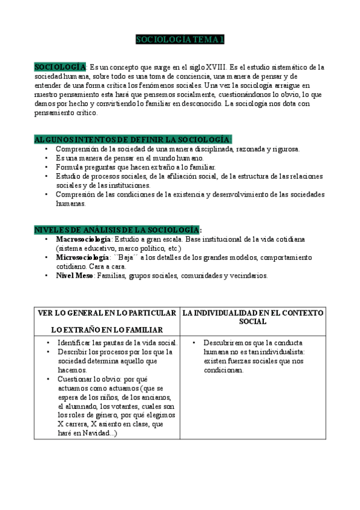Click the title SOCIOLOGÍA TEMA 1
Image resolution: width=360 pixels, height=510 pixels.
pos(180,40)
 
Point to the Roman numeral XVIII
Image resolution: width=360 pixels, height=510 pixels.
pos(217,67)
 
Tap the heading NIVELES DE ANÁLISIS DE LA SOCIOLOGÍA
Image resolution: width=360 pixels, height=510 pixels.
pos(118,230)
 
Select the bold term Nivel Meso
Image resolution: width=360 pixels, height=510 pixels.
pos(75,276)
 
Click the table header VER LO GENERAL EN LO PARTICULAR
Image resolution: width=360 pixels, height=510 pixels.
pos(106,313)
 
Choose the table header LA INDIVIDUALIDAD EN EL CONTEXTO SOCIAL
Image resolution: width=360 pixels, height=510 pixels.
pos(252,317)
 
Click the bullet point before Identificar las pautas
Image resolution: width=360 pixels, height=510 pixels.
pos(48,343)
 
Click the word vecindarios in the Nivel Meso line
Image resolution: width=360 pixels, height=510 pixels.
pos(247,276)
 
